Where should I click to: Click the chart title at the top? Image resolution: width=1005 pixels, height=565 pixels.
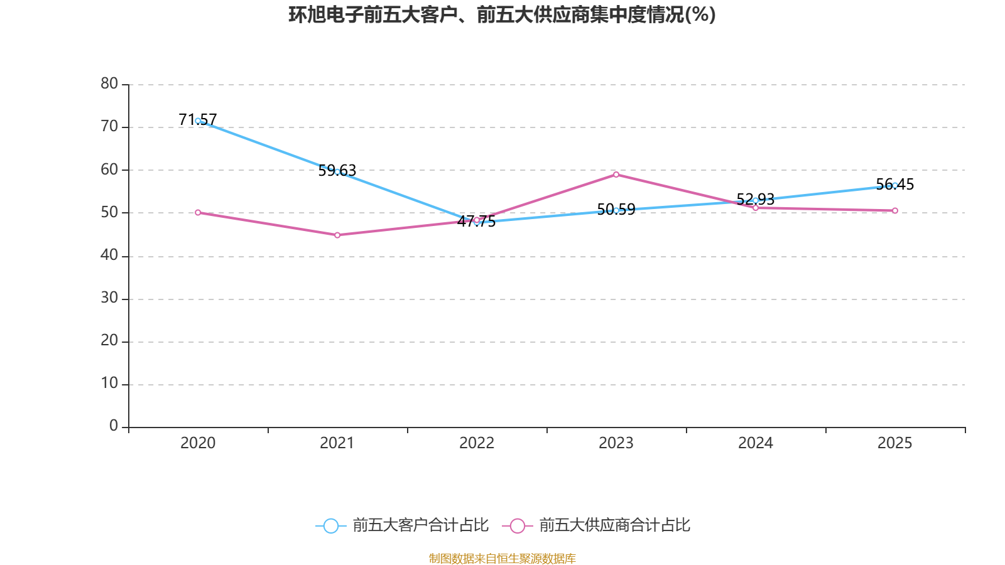502,14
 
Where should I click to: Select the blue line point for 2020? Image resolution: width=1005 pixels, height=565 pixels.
198,121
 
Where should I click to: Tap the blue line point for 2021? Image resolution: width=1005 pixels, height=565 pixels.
337,171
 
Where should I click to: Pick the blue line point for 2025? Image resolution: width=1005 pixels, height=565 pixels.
894,185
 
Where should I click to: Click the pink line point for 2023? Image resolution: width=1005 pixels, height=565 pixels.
616,175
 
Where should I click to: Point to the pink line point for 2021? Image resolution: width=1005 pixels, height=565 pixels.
337,235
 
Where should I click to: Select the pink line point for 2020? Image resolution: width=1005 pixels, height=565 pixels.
198,212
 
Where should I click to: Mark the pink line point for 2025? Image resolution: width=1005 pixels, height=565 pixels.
894,210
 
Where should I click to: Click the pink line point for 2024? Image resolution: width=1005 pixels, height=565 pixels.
756,208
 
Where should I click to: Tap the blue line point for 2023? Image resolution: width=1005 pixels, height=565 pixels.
616,210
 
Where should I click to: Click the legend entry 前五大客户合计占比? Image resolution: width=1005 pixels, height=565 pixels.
402,525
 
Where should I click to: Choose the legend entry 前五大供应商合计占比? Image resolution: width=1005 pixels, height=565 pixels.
597,525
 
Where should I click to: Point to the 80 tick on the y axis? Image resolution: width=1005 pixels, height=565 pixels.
109,83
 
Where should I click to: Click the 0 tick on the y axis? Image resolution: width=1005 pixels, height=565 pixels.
114,426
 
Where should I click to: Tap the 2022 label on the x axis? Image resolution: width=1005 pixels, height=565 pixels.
477,443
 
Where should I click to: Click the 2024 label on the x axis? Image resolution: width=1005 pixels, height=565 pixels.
756,443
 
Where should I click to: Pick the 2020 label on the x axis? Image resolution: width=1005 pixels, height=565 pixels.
198,443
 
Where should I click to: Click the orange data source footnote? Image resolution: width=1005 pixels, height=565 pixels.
502,558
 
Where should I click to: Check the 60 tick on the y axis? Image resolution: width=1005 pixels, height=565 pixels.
109,169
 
